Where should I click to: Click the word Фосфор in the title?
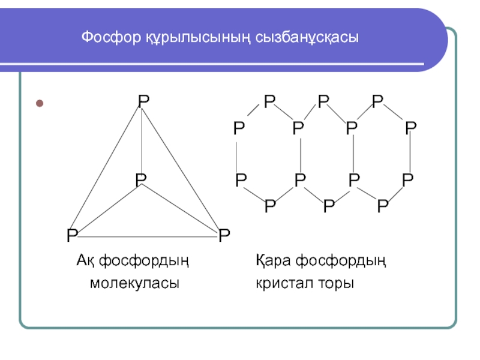[102, 38]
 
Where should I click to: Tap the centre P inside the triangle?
[141, 179]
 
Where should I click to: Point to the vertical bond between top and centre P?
[142, 141]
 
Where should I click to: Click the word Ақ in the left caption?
[85, 262]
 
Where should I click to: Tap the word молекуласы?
[135, 282]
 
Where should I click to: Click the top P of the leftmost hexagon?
[269, 101]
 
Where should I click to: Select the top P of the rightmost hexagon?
[377, 101]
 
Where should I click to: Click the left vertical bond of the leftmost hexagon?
[239, 154]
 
